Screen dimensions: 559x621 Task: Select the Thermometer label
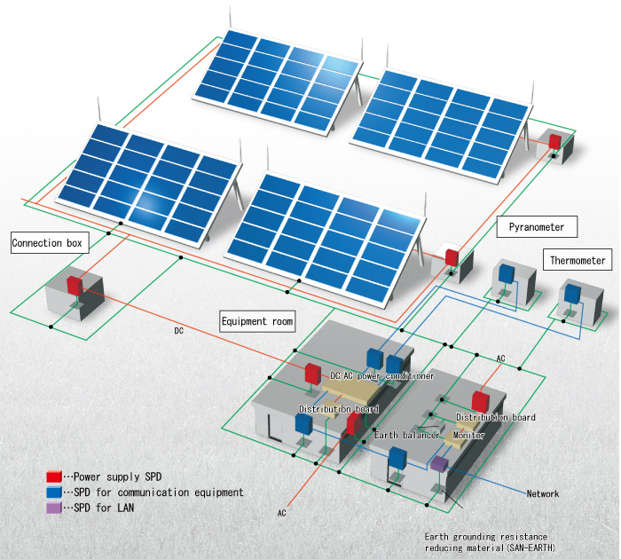pos(578,261)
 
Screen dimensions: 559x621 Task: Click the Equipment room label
pos(257,320)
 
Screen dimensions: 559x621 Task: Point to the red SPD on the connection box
pos(74,286)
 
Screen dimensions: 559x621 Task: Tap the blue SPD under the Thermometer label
pos(572,292)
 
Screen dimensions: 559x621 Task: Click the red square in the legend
pos(55,477)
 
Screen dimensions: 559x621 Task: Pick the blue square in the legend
pos(55,492)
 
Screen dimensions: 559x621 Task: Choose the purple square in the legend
pos(55,508)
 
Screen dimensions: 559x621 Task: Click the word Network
pos(543,494)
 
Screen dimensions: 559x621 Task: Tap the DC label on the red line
pos(178,331)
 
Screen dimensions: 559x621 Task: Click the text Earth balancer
pos(406,436)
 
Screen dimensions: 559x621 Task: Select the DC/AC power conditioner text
pos(382,376)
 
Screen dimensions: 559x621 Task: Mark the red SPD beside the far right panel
pos(554,142)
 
